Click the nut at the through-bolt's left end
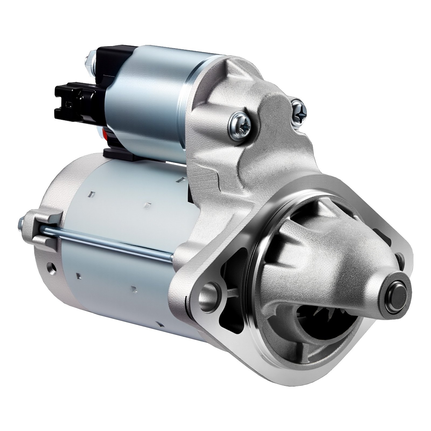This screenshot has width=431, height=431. (22, 223)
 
